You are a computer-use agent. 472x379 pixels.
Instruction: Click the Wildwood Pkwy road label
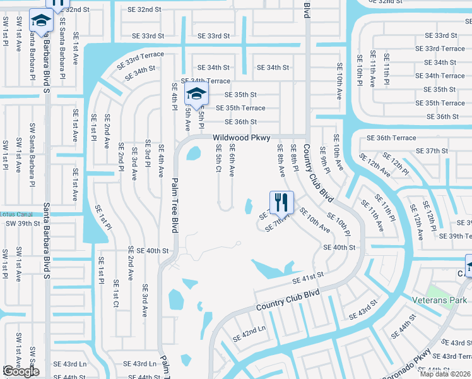(x=241, y=137)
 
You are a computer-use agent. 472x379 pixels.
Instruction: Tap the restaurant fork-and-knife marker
(x=281, y=202)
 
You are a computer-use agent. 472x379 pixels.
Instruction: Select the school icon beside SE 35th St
(x=196, y=95)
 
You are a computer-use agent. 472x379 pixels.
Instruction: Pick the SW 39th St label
(x=18, y=224)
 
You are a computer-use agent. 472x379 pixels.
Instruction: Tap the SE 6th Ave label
(x=232, y=160)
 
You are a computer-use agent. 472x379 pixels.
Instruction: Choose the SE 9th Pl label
(x=324, y=160)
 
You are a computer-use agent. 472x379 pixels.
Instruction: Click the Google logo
(x=21, y=372)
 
